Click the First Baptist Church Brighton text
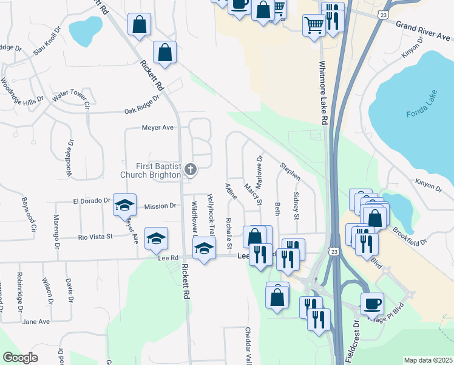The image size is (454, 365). [x=151, y=170]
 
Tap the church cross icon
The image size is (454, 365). [x=191, y=170]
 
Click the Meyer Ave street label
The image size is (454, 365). [x=158, y=128]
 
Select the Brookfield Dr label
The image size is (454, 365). [x=410, y=234]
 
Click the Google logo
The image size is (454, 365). [x=20, y=357]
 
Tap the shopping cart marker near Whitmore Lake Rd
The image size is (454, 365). [x=314, y=26]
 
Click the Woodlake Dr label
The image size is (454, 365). [x=70, y=159]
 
